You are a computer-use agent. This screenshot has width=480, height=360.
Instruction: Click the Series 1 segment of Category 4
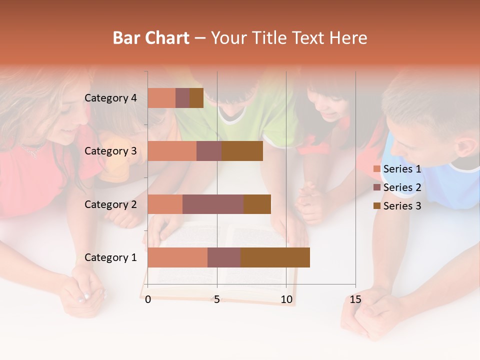(x=161, y=98)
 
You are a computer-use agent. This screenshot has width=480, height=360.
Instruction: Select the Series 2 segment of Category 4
(x=182, y=98)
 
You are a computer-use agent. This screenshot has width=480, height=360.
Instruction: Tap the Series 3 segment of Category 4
(x=196, y=98)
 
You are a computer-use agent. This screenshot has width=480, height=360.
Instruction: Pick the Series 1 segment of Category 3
(x=172, y=151)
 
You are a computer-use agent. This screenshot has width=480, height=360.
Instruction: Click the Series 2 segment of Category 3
(x=209, y=151)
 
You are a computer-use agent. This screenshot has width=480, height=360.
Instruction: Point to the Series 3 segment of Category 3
(x=242, y=151)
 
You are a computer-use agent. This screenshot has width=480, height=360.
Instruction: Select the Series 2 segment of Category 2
(x=213, y=204)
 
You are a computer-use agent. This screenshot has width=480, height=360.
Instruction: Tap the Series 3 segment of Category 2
(x=257, y=204)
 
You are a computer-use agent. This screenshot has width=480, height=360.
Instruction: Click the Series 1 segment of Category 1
(x=177, y=257)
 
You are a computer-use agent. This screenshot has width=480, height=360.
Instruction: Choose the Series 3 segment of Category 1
(x=275, y=257)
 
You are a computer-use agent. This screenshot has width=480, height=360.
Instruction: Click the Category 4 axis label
(x=110, y=98)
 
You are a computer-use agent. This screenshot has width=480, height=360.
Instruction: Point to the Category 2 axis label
(x=110, y=204)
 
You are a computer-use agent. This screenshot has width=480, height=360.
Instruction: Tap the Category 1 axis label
(x=110, y=257)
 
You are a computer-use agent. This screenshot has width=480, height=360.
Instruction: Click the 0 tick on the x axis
(x=148, y=299)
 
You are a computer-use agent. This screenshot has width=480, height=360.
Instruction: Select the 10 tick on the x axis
(x=286, y=299)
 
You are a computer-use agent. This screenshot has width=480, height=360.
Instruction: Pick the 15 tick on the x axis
(x=355, y=299)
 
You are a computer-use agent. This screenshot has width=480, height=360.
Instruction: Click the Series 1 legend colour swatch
(x=376, y=169)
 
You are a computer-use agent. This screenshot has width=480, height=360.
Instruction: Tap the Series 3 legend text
(x=402, y=206)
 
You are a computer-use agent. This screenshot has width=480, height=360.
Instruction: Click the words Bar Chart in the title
(x=151, y=38)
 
